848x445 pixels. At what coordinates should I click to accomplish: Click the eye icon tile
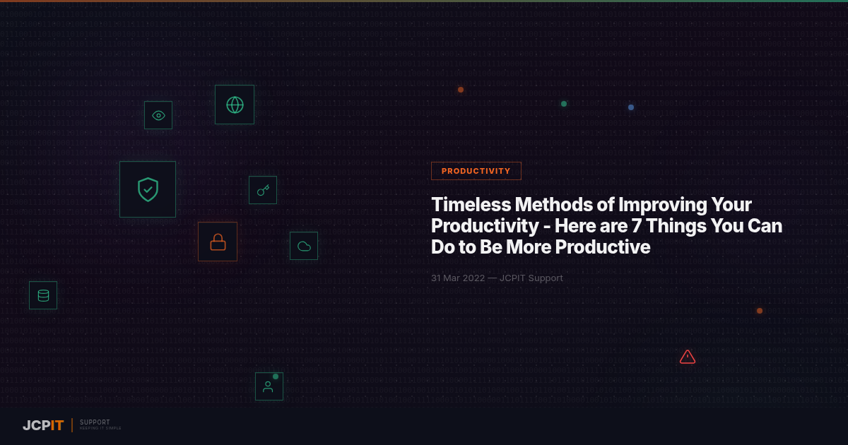click(x=158, y=115)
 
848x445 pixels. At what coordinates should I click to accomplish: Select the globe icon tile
click(x=235, y=105)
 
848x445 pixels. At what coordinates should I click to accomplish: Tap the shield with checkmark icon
click(x=148, y=189)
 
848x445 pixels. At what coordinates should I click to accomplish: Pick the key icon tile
click(x=263, y=190)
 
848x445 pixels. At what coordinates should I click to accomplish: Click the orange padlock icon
click(x=218, y=242)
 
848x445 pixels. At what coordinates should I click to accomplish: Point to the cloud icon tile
click(x=304, y=246)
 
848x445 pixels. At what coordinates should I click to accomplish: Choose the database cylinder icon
click(x=43, y=295)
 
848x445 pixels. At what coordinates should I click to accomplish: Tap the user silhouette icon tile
click(x=269, y=386)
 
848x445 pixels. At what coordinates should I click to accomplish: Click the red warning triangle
click(x=688, y=357)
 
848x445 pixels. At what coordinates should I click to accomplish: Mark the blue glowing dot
click(x=631, y=107)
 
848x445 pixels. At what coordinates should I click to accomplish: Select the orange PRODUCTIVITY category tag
click(x=476, y=171)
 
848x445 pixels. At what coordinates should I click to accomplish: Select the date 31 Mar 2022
click(x=458, y=278)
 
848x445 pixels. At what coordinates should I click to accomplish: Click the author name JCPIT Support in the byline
click(x=531, y=278)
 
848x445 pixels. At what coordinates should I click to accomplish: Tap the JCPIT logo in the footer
click(x=43, y=425)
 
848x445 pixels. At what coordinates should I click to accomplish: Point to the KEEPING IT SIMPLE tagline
click(x=100, y=429)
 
